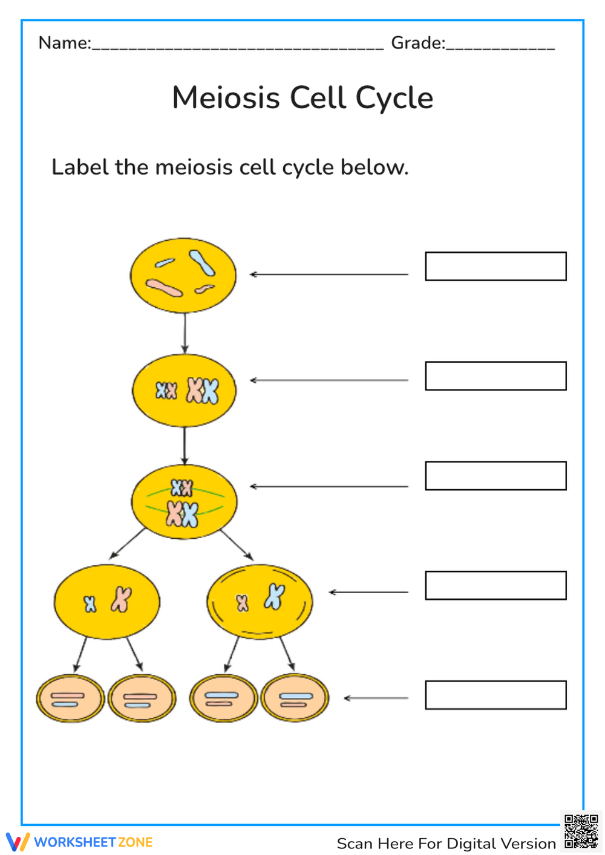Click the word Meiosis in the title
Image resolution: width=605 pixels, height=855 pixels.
tap(226, 98)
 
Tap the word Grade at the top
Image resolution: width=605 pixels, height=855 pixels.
tap(417, 43)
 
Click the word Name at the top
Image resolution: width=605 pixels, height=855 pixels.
tap(64, 43)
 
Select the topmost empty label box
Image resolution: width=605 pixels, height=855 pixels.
tap(495, 267)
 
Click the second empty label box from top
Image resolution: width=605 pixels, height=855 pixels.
tap(495, 376)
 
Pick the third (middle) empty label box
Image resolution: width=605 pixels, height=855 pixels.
tap(495, 476)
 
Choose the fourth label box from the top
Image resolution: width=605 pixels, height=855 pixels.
tap(495, 585)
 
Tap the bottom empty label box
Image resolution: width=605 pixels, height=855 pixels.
tap(495, 695)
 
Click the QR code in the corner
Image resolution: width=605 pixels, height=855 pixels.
tap(581, 831)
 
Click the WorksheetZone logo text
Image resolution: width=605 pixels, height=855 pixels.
tap(93, 842)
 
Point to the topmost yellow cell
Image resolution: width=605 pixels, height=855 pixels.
tap(183, 275)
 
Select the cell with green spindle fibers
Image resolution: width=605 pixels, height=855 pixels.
tap(184, 502)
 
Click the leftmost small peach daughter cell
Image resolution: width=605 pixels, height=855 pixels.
tap(70, 698)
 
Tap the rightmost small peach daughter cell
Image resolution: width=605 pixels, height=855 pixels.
tap(295, 698)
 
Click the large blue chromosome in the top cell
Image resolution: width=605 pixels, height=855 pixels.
tap(201, 263)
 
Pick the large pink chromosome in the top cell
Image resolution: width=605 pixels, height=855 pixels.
tap(163, 288)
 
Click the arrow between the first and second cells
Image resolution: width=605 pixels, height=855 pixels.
tap(185, 333)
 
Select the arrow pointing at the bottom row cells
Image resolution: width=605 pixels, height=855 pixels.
tap(376, 698)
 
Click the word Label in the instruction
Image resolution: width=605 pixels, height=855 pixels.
tap(80, 167)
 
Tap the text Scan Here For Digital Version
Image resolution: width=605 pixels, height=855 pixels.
tap(446, 844)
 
